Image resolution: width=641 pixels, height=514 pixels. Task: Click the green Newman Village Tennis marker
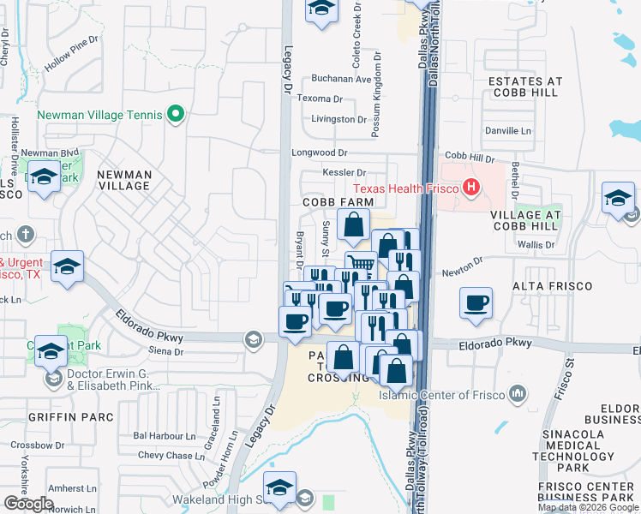tap(177, 114)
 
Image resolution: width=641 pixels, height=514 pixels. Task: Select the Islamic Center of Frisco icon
tap(517, 394)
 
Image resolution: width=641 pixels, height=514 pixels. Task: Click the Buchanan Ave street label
tap(341, 79)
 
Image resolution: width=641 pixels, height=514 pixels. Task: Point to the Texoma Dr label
tap(320, 99)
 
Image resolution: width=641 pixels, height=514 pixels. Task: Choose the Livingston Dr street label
tap(339, 119)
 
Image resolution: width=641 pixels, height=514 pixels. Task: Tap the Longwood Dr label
tap(319, 152)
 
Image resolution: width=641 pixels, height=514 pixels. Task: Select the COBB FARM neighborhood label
tap(338, 201)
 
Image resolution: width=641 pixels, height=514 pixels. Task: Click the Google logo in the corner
tap(28, 504)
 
